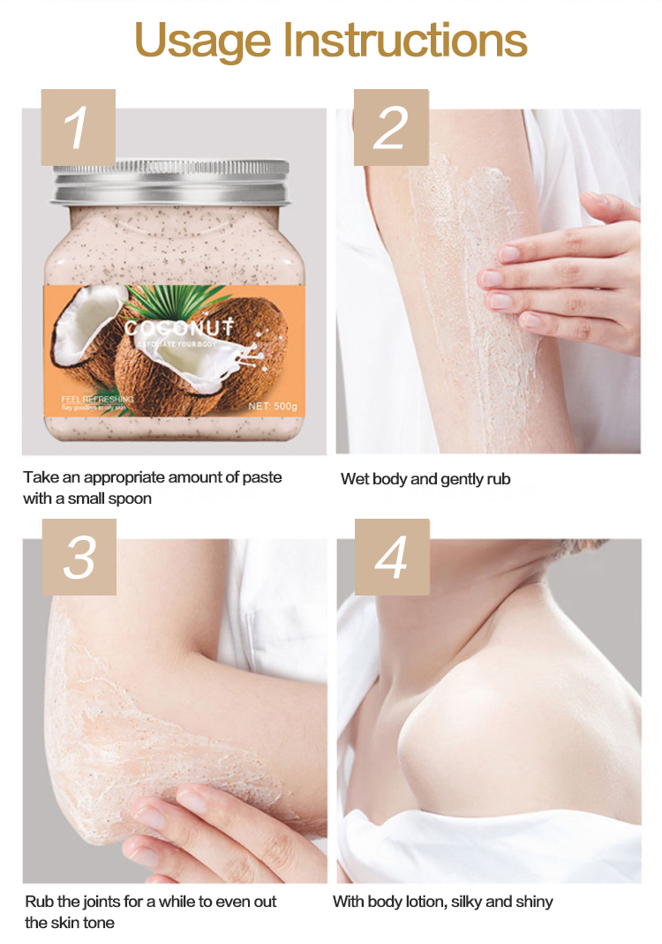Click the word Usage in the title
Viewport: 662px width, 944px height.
tap(203, 41)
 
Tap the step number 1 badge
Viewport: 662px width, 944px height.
tap(78, 127)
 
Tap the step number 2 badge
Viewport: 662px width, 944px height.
tap(391, 127)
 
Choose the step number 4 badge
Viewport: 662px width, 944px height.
tap(391, 557)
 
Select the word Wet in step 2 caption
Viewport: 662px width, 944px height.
tap(355, 479)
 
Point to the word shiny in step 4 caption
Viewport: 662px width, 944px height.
tap(533, 902)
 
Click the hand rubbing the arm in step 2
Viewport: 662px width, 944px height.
tap(565, 273)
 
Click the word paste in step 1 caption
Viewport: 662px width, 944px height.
tap(261, 477)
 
